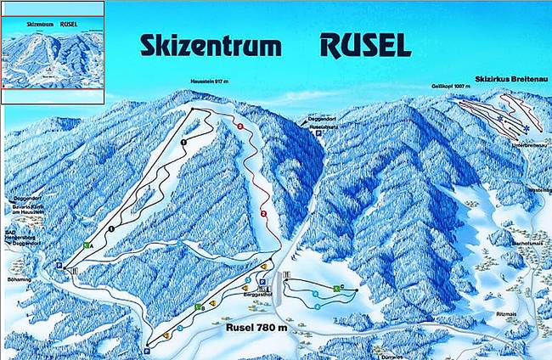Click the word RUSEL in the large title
click(x=365, y=44)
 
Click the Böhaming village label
click(x=19, y=264)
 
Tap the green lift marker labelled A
click(x=87, y=245)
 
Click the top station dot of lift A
click(x=193, y=110)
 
